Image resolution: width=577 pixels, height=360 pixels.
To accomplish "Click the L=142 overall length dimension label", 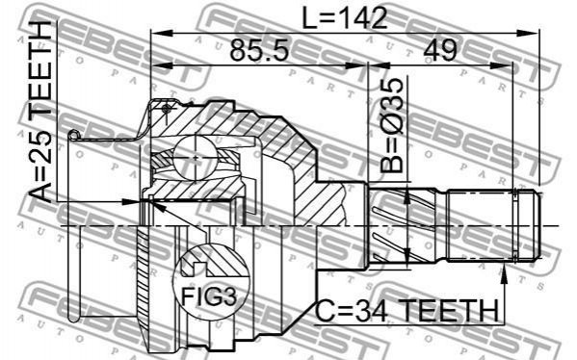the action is point(345,18).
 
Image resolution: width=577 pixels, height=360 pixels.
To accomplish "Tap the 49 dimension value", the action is point(440,50).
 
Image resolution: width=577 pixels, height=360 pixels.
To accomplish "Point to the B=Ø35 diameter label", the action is point(392,125).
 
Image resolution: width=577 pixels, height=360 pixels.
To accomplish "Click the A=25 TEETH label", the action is point(40,113).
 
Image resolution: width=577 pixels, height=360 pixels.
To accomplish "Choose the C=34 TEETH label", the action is point(407,311).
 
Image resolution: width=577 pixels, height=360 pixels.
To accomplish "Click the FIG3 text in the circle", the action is point(209,296).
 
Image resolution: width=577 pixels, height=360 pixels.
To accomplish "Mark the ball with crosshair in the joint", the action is point(195,158).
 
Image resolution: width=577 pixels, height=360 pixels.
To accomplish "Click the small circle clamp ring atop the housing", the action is point(166,109).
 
